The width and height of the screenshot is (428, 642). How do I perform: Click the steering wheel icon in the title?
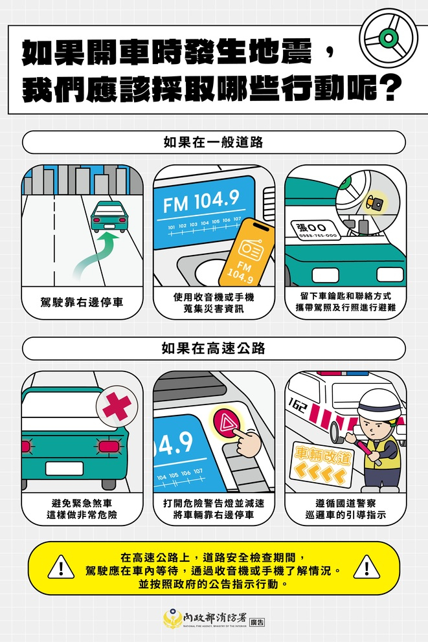coord(389,38)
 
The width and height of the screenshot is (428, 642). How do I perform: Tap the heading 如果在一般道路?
coord(214,142)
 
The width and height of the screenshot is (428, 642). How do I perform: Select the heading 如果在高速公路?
coord(214,348)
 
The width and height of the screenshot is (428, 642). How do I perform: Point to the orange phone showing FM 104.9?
coord(247,252)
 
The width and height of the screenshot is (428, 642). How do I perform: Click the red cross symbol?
coord(117,406)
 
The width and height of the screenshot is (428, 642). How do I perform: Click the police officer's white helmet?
coord(379,404)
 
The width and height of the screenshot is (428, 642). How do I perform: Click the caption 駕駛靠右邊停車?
coord(82,303)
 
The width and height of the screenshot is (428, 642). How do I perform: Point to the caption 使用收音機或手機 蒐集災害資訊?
coord(214,303)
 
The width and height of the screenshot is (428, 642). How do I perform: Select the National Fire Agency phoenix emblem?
coord(172,619)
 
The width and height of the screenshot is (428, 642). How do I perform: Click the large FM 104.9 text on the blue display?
coord(201,201)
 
